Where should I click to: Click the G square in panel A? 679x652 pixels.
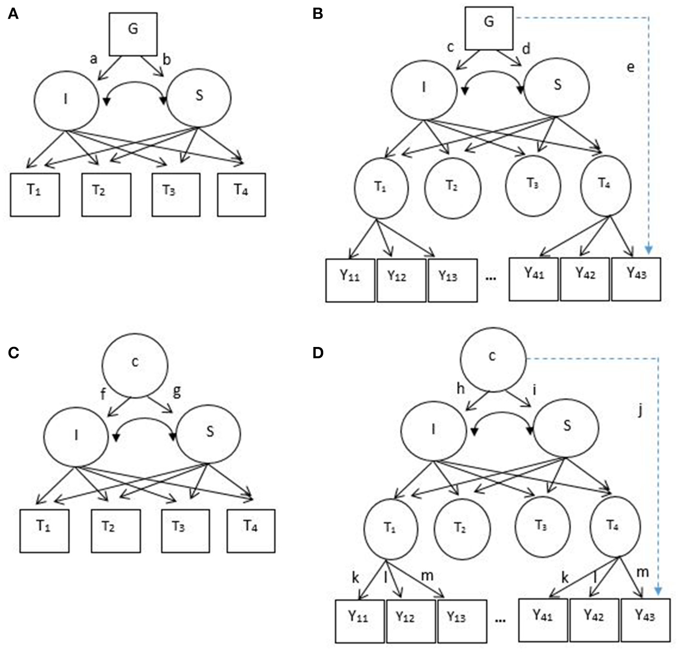pos(133,34)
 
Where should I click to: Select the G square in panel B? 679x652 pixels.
pos(489,28)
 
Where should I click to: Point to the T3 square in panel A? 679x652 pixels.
pos(176,194)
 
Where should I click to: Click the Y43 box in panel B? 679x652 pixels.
pos(636,279)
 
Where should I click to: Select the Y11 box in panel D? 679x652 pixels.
pos(359,621)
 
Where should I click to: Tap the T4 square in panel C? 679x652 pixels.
pos(251,530)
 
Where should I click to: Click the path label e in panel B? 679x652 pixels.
pos(630,67)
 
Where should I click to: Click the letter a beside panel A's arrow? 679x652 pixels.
pos(94,59)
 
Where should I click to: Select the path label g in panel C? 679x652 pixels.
pos(177,391)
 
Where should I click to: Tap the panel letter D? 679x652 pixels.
pos(318,353)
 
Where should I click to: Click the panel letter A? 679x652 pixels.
pos(13,14)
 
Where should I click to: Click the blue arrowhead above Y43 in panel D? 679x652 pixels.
pos(658,591)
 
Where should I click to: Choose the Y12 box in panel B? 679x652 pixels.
pos(401,280)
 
